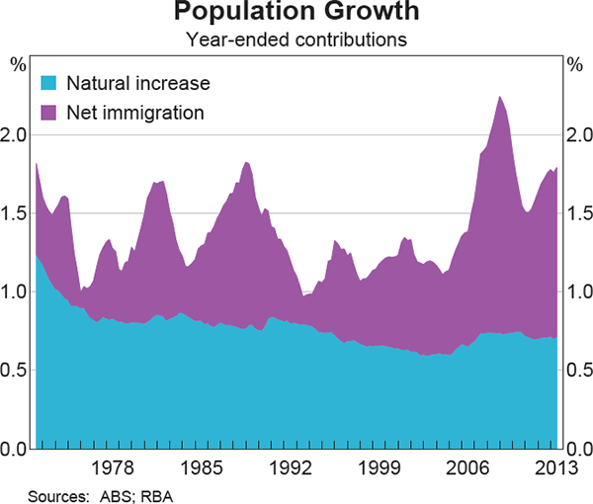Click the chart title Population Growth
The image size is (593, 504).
[296, 14]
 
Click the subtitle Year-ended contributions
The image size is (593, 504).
[296, 41]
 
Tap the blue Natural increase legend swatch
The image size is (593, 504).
[49, 84]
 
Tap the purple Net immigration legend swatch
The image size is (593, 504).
[49, 112]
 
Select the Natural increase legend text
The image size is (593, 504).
[138, 84]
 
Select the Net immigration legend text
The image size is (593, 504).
[135, 112]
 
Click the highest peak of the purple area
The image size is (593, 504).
[500, 97]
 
